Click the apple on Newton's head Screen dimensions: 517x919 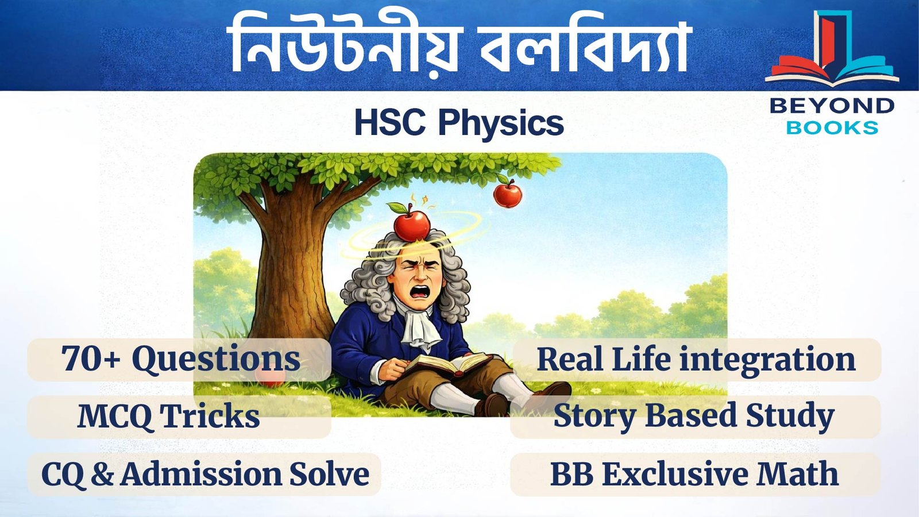pyautogui.click(x=411, y=225)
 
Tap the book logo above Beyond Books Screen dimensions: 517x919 pyautogui.click(x=831, y=52)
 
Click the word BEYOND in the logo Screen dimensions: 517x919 pyautogui.click(x=832, y=106)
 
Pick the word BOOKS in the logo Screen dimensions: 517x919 pyautogui.click(x=832, y=128)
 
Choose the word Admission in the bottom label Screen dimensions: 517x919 pyautogui.click(x=201, y=474)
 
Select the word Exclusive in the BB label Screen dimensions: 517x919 pyautogui.click(x=675, y=474)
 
